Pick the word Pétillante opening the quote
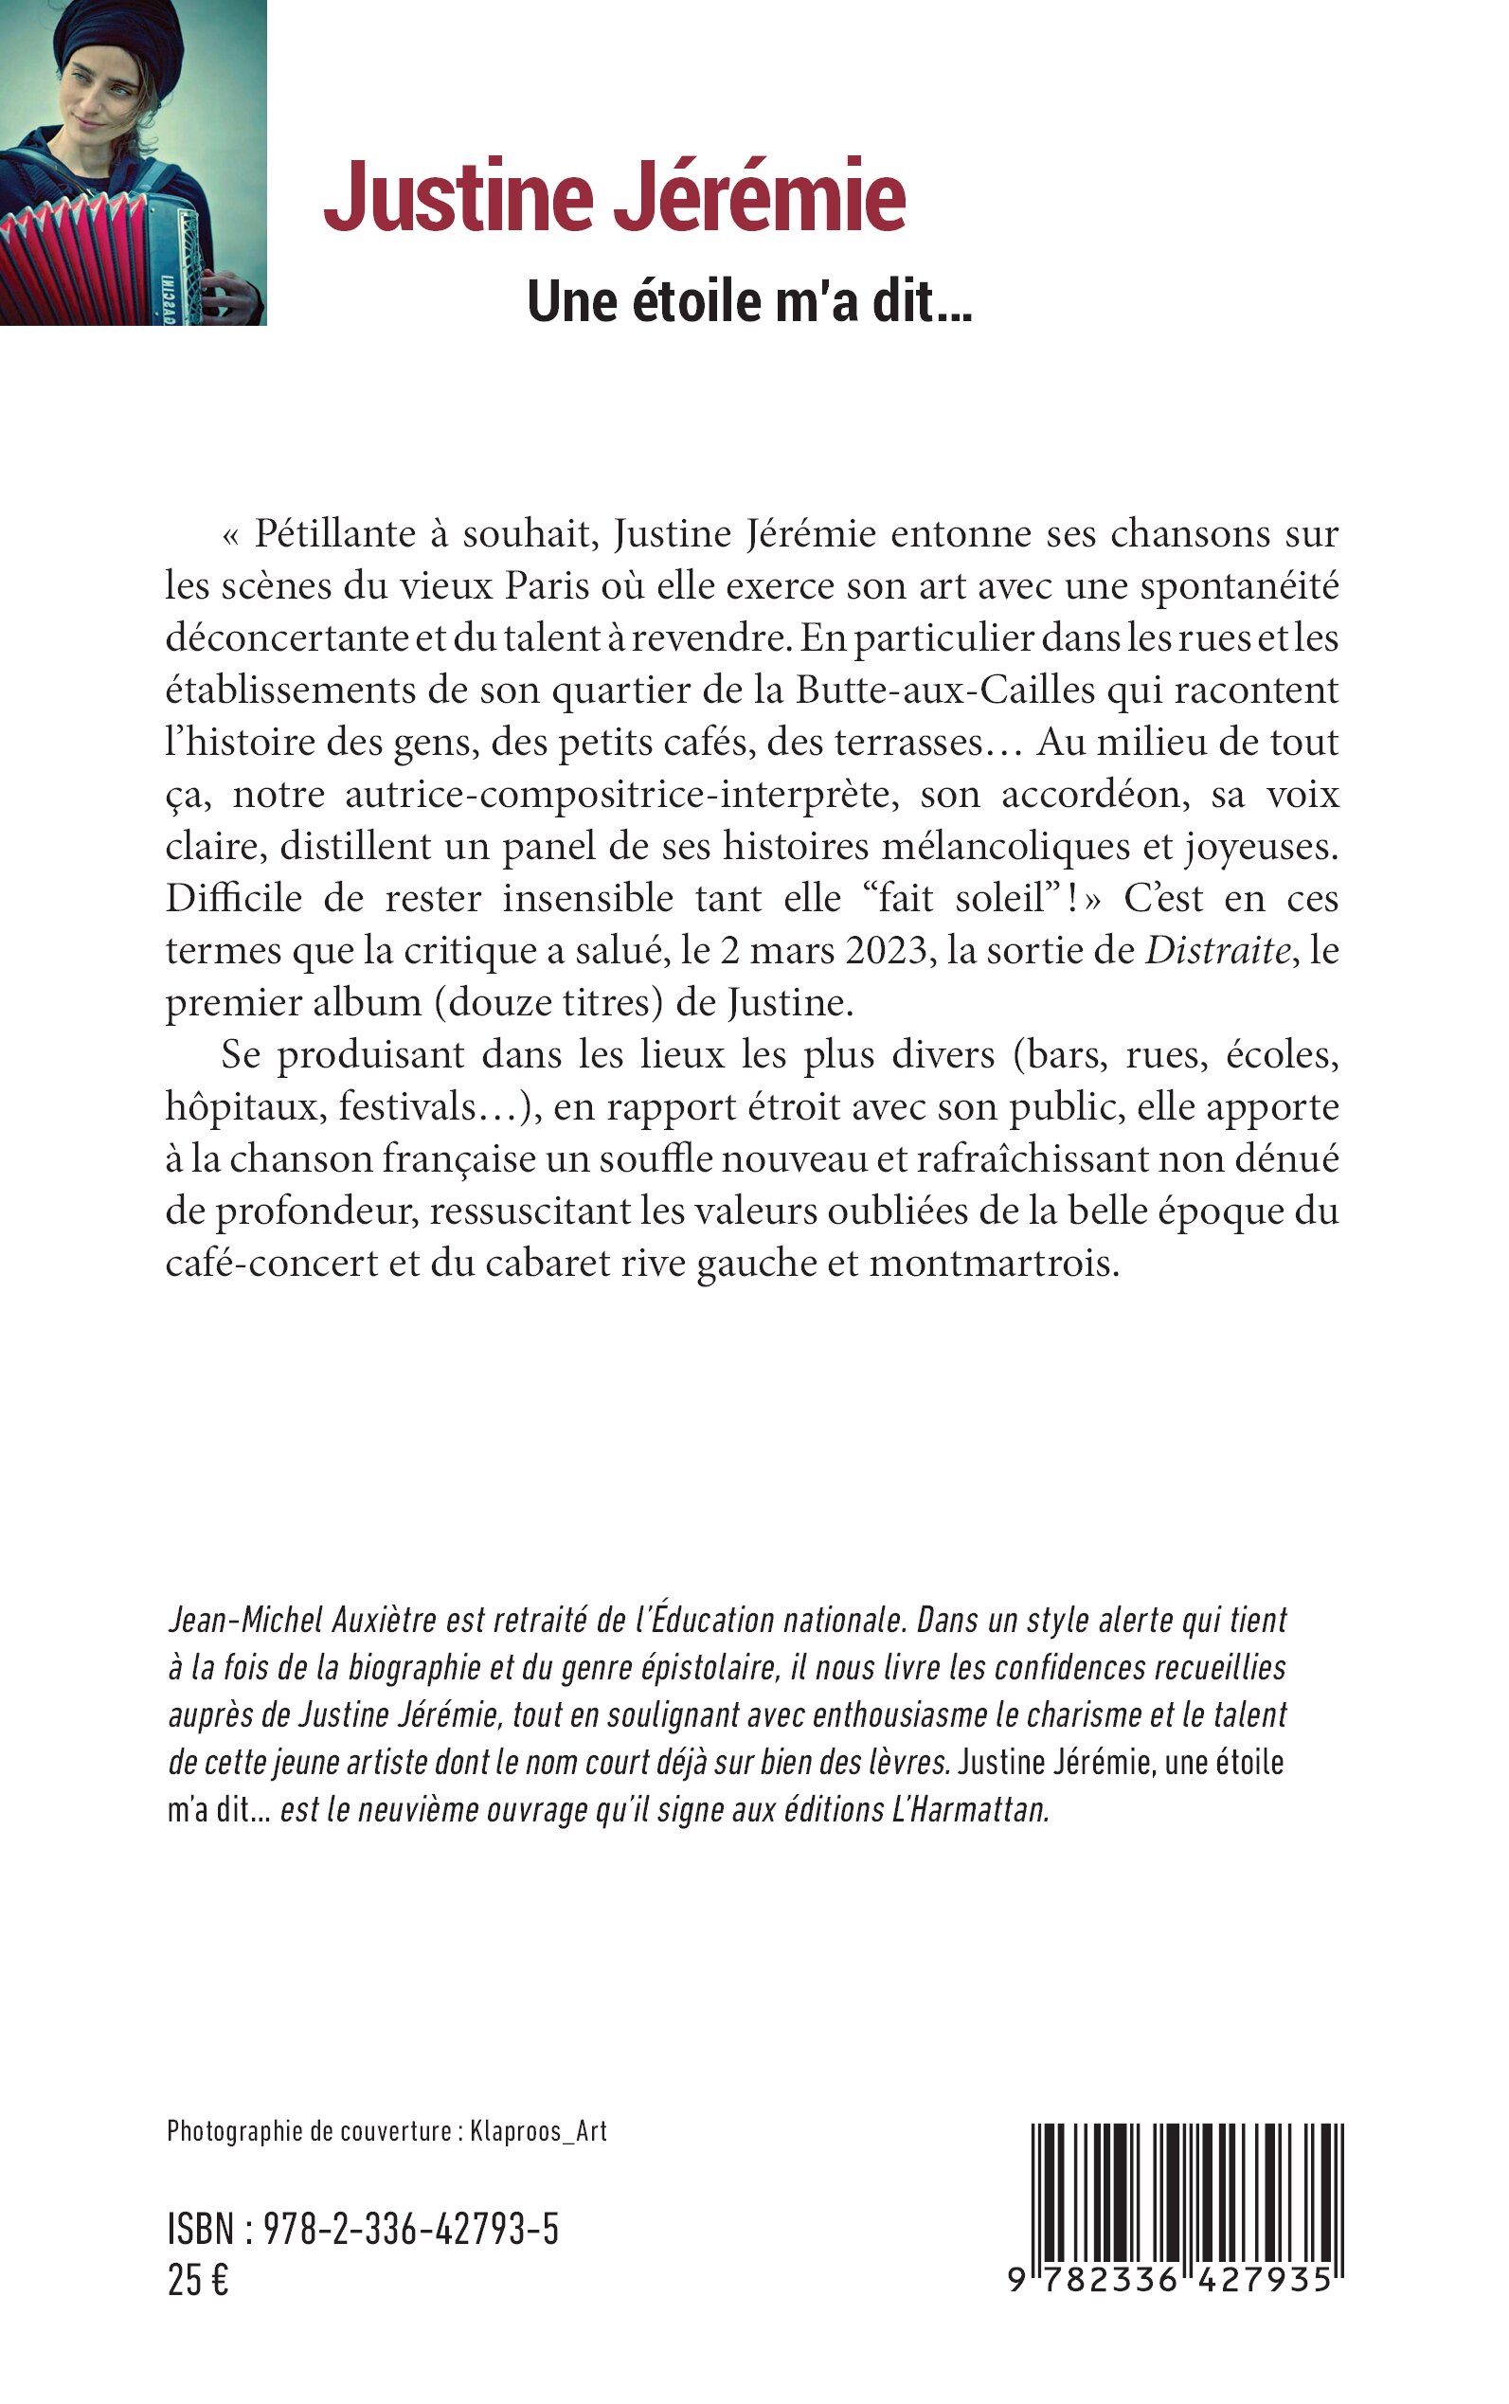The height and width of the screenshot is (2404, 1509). [x=335, y=534]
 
